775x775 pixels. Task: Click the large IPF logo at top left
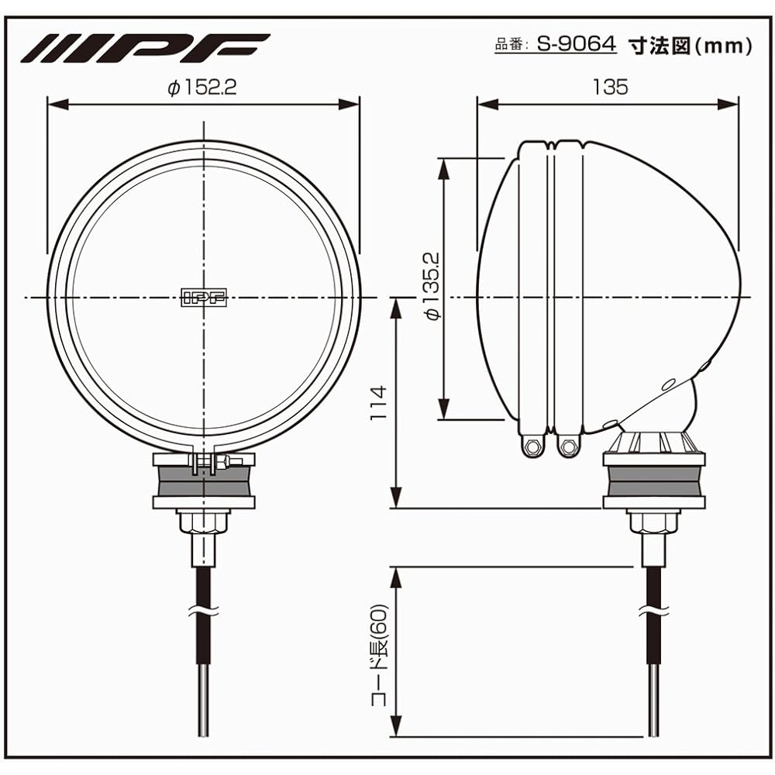coord(144,47)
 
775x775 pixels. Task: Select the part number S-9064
coord(577,44)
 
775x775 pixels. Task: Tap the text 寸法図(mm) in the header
coord(689,45)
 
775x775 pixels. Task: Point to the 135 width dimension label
coord(610,87)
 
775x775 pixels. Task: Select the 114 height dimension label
coord(377,402)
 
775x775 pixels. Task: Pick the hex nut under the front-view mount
coord(203,522)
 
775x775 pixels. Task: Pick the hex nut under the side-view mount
coord(653,522)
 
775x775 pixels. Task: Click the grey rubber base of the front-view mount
coord(203,482)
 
